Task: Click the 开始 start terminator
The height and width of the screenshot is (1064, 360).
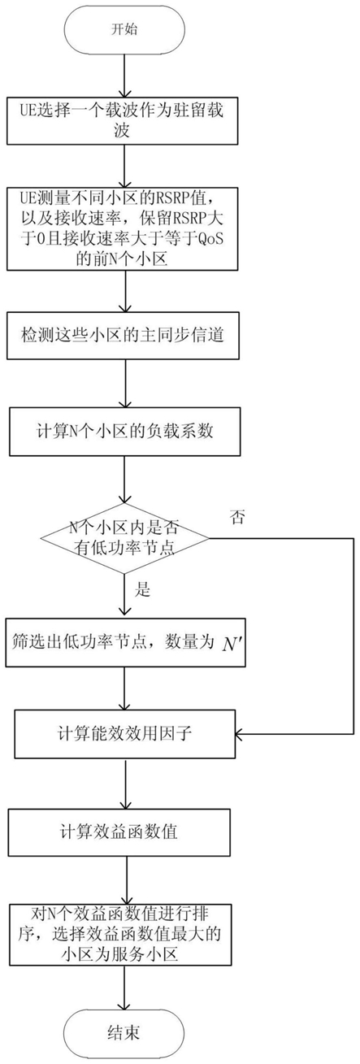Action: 124,29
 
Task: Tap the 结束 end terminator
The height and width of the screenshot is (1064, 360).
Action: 124,1032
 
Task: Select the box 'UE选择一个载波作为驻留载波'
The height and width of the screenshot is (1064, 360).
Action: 122,120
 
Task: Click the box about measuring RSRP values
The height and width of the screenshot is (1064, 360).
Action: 122,228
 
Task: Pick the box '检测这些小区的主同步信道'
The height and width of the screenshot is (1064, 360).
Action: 123,336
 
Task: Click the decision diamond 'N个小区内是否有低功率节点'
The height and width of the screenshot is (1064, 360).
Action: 125,539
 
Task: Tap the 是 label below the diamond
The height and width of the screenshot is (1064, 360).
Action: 142,590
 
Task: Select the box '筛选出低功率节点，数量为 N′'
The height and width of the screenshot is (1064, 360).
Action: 125,642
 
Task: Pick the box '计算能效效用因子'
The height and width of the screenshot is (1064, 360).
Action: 125,734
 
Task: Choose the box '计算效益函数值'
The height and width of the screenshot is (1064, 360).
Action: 119,832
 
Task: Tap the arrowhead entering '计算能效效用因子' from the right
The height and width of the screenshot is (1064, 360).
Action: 239,734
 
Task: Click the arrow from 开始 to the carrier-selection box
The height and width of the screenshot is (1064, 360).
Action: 124,75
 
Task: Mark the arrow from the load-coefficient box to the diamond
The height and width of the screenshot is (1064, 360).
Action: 124,480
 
